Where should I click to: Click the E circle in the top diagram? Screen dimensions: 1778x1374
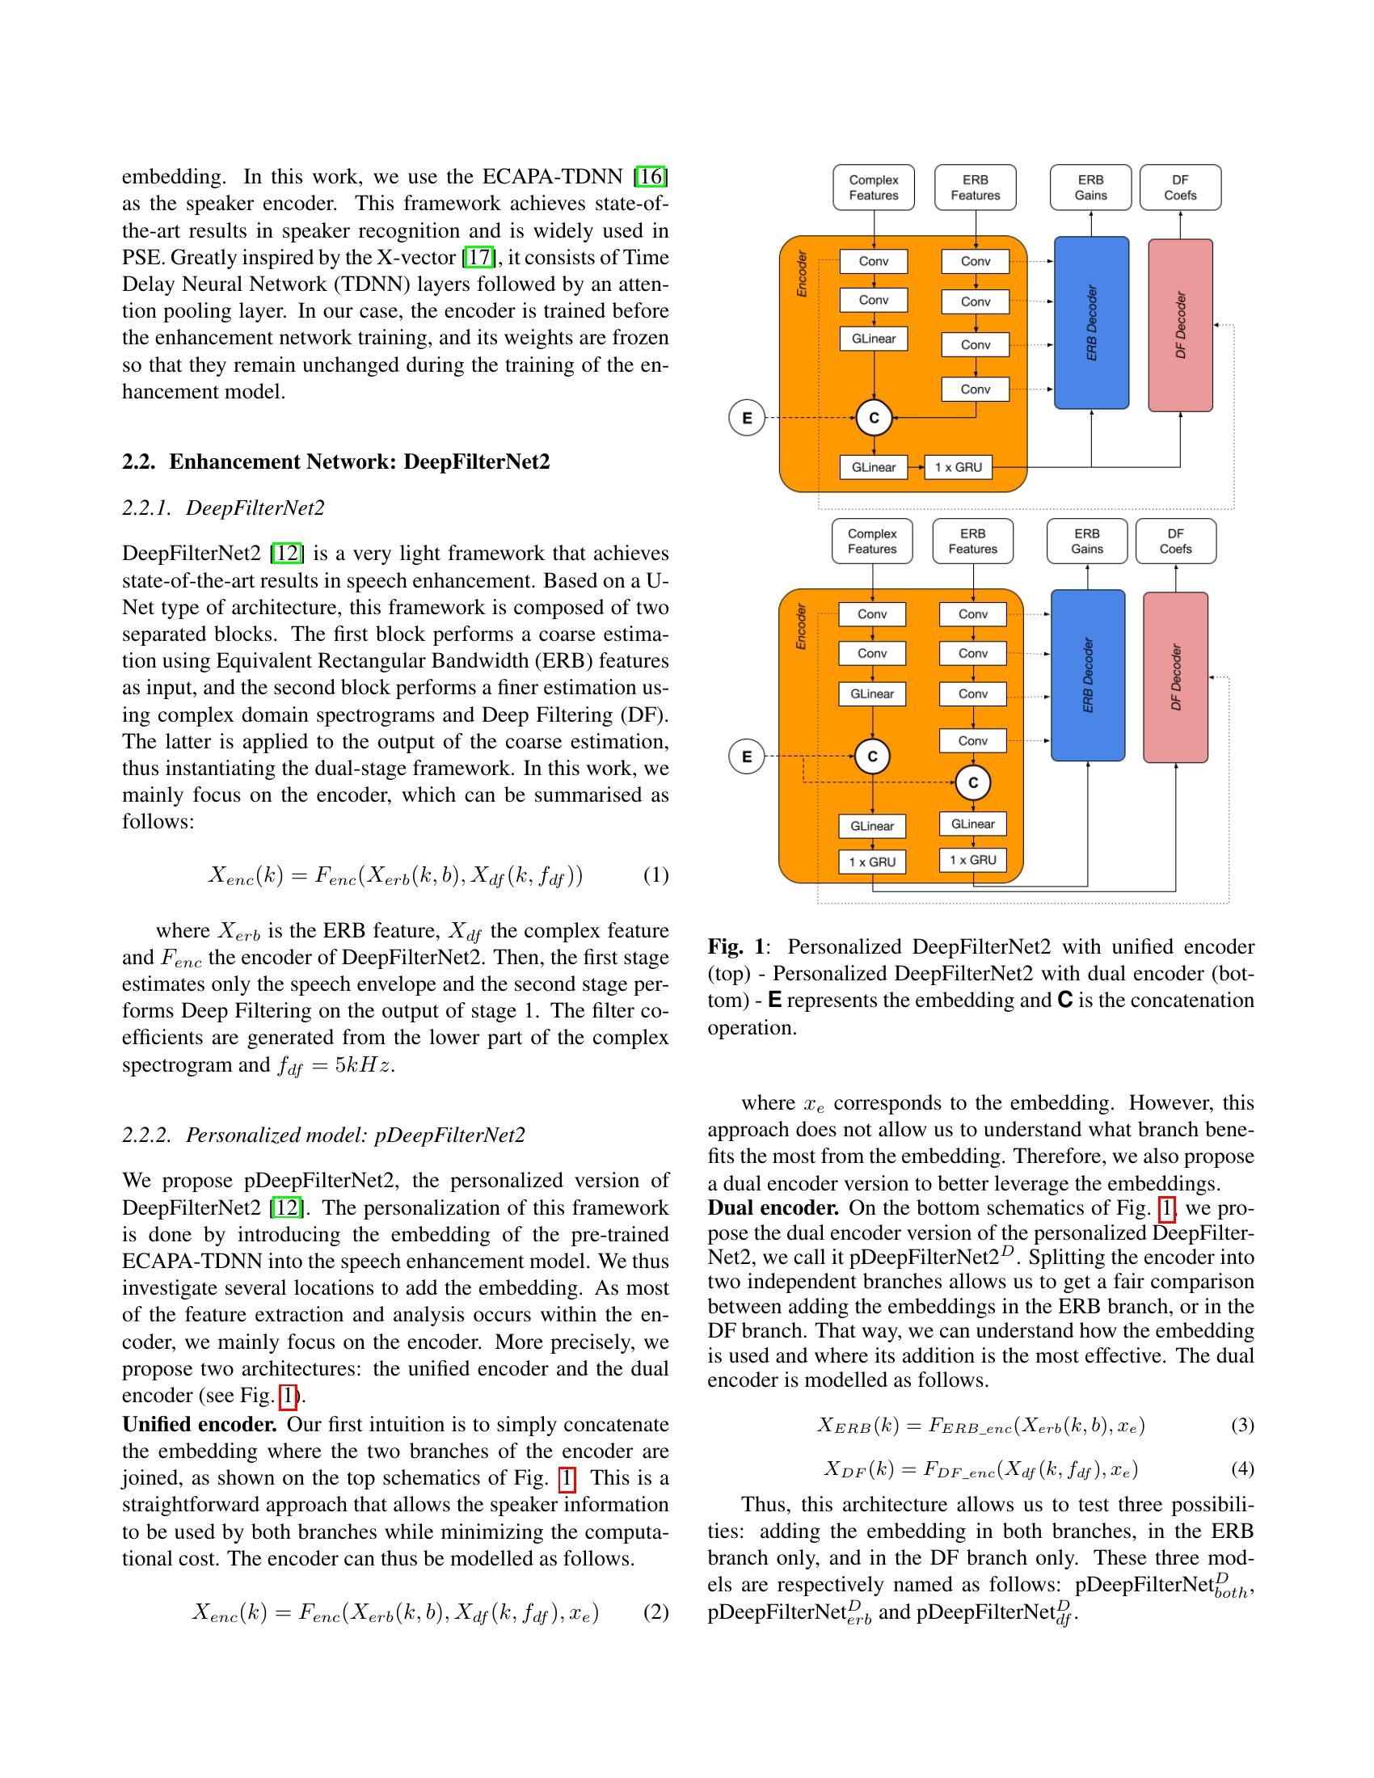747,419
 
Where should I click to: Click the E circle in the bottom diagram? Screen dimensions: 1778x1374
747,756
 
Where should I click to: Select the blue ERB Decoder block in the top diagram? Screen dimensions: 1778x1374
1091,322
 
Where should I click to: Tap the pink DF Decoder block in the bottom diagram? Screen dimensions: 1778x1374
1175,677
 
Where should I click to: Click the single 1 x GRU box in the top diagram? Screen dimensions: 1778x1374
958,467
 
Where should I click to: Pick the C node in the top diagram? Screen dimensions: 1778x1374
875,419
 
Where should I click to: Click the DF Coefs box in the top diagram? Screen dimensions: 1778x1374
1179,188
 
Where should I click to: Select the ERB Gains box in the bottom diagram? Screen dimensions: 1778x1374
1086,541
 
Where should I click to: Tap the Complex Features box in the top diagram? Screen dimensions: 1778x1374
874,188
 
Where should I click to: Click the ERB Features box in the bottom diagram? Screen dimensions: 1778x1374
972,541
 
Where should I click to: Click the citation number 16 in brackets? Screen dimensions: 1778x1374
651,176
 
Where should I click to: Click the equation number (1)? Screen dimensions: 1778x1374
655,875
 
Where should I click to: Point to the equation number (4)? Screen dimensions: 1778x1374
1241,1468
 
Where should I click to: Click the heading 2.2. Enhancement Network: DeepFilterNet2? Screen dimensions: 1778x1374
335,461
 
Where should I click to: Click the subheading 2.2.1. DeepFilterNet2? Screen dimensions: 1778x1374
223,508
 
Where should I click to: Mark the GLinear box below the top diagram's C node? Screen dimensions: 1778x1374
874,467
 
